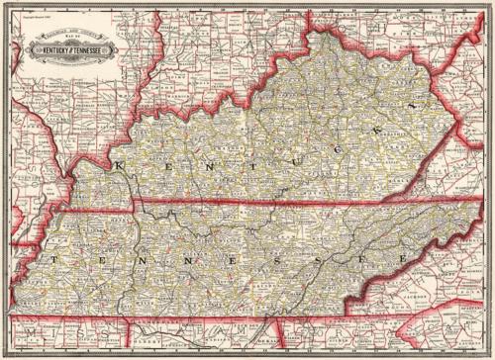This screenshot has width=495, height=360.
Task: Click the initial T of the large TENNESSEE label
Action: pyautogui.click(x=53, y=258)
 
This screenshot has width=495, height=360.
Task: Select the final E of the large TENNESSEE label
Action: pyautogui.click(x=403, y=256)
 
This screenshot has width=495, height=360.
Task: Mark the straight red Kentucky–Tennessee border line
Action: pyautogui.click(x=247, y=206)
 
